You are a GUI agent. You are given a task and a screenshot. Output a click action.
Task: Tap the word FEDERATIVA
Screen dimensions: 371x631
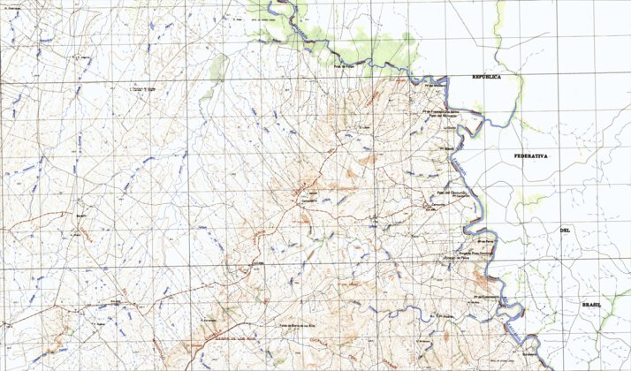[532, 155]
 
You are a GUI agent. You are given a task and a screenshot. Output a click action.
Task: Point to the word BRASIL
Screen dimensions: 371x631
[590, 303]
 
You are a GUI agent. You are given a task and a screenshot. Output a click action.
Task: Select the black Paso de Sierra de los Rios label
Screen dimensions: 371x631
[285, 326]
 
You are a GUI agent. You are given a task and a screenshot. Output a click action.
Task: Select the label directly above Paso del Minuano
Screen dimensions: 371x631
[440, 111]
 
